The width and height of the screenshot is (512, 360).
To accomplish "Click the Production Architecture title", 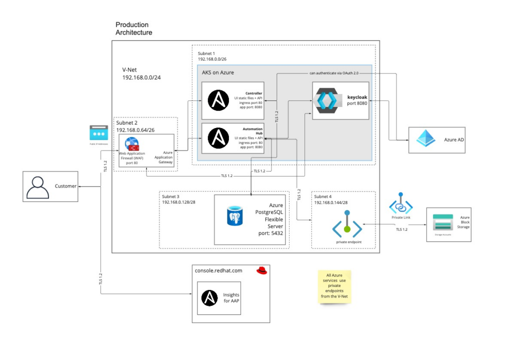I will [x=133, y=28].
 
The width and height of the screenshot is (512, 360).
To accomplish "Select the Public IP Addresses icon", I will [x=98, y=133].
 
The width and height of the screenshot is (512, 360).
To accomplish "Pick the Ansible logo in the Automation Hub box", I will [x=218, y=138].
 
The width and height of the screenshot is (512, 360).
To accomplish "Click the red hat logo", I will [x=261, y=270].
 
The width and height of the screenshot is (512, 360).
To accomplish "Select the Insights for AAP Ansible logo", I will [x=208, y=298].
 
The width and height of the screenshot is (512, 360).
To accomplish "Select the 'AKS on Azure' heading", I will [x=217, y=72].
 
